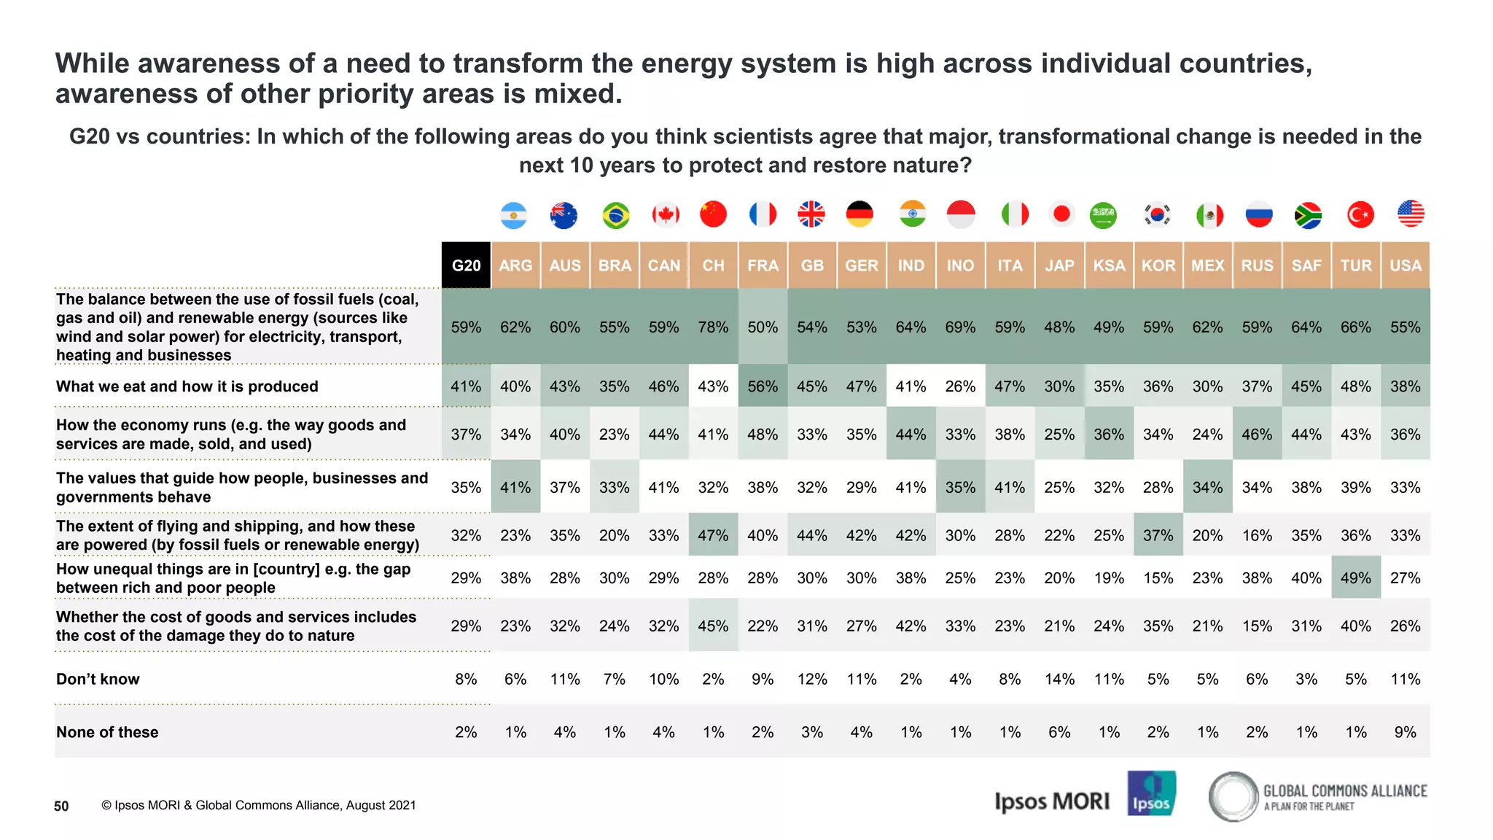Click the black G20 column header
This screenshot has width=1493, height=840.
tap(466, 265)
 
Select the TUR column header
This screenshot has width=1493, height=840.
tap(1356, 265)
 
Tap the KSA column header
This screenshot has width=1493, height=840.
tap(1109, 265)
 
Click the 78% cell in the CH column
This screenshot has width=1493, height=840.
tap(713, 327)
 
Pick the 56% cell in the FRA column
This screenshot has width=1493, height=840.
tap(763, 386)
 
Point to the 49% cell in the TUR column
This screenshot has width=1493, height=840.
tap(1356, 577)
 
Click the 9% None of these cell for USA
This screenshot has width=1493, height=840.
tap(1405, 732)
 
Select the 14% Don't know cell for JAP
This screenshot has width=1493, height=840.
tap(1059, 679)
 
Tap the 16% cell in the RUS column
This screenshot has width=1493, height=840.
tap(1257, 535)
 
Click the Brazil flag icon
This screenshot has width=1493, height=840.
tap(615, 215)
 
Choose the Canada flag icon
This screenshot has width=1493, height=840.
tap(665, 214)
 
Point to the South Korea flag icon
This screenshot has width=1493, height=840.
tap(1158, 214)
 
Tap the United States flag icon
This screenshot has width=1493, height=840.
tap(1411, 214)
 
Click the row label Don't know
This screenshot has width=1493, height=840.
tap(98, 679)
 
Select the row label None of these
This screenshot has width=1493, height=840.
tap(107, 732)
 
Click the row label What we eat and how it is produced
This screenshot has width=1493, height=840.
tap(187, 386)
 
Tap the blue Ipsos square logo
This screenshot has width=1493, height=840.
tap(1151, 793)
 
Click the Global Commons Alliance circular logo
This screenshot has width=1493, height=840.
tap(1233, 796)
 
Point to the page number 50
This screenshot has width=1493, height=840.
tap(61, 806)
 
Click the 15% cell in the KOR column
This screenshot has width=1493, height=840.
tap(1158, 577)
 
